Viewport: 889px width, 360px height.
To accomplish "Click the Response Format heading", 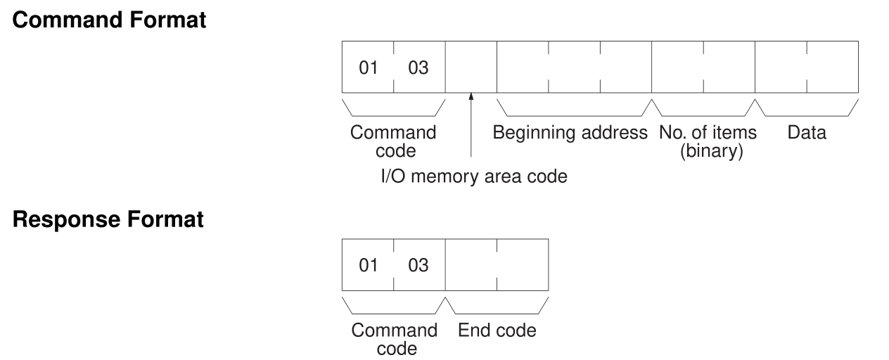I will [x=109, y=219].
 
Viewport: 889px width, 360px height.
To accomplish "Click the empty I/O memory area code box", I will [x=471, y=67].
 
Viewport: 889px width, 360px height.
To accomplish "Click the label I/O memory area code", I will [x=470, y=176].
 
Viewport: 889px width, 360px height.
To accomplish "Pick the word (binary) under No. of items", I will [x=708, y=150].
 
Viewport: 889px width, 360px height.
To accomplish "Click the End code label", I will [x=497, y=330].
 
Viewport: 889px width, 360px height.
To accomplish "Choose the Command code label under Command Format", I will [x=393, y=141].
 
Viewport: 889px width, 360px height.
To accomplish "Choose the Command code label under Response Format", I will [x=393, y=339].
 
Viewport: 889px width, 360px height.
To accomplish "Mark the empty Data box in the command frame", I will [x=807, y=67].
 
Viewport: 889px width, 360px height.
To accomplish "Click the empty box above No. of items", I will [x=703, y=67].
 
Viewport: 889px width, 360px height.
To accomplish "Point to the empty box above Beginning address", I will [x=574, y=67].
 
